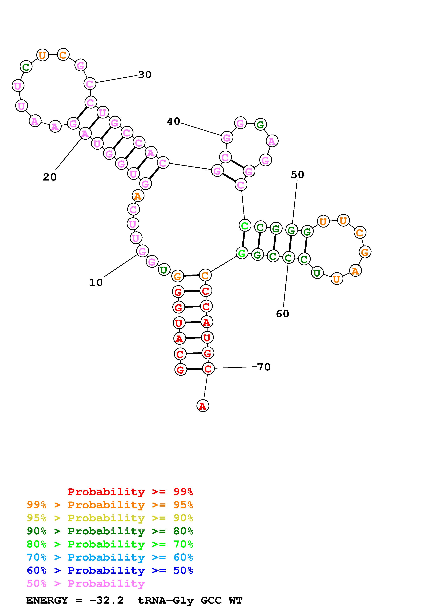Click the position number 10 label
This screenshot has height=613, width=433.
click(x=96, y=282)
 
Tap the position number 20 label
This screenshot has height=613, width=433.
click(x=50, y=177)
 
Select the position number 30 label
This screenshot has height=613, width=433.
click(x=145, y=75)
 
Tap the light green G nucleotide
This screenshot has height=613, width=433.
click(x=242, y=253)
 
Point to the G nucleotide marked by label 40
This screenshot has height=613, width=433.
click(x=227, y=138)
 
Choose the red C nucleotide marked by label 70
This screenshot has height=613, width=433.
click(x=208, y=369)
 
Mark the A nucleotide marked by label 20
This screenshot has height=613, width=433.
click(x=85, y=133)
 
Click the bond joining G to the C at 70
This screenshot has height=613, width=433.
click(x=194, y=369)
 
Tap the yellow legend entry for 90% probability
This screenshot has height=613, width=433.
click(x=110, y=518)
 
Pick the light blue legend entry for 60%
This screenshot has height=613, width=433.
click(x=110, y=557)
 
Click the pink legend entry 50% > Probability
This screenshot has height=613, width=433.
click(x=86, y=583)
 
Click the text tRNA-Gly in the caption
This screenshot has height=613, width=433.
click(x=165, y=600)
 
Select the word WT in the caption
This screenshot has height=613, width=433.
click(x=235, y=600)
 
